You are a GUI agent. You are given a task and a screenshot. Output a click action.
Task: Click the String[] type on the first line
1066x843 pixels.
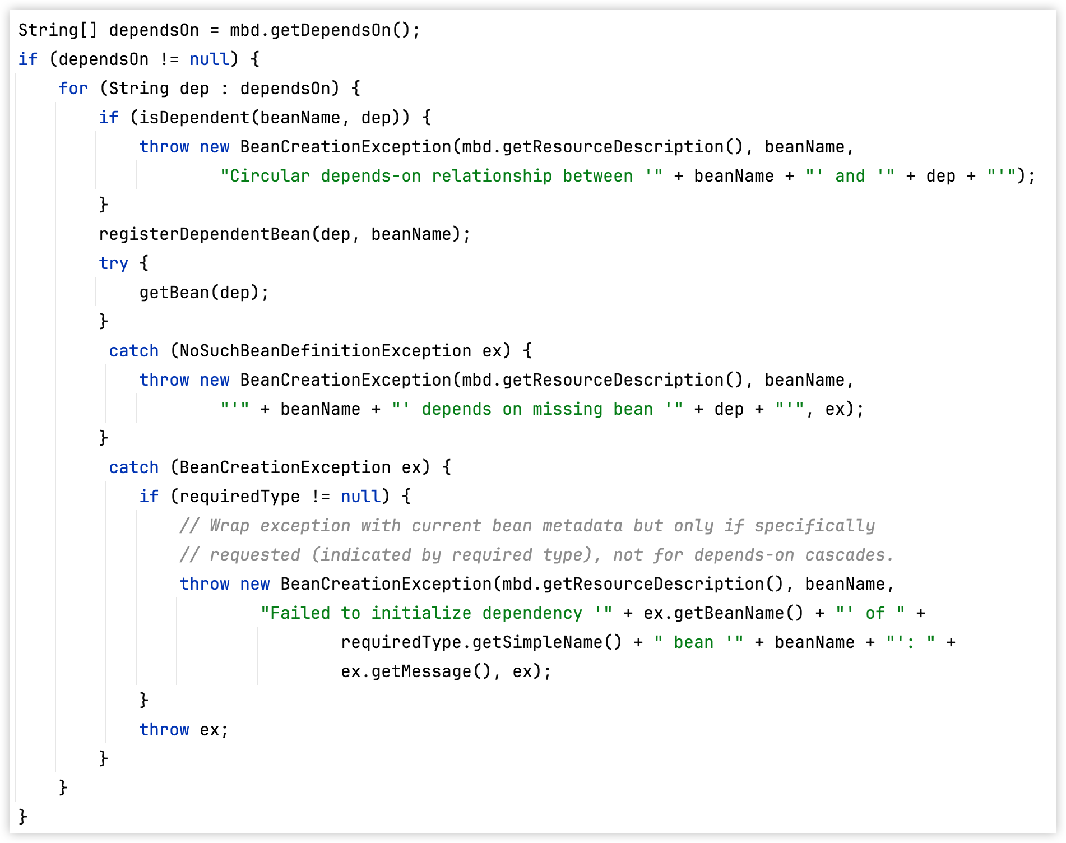pyautogui.click(x=57, y=30)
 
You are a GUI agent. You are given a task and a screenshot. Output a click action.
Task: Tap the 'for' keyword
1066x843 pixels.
pyautogui.click(x=73, y=89)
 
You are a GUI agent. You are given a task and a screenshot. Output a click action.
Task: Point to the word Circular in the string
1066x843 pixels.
pyautogui.click(x=270, y=176)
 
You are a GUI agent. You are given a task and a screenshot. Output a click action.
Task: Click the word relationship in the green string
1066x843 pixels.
pyautogui.click(x=492, y=176)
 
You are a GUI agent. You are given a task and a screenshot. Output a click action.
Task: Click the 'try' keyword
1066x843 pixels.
pyautogui.click(x=113, y=263)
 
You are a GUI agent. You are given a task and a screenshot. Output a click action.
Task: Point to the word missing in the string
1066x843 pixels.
pyautogui.click(x=567, y=409)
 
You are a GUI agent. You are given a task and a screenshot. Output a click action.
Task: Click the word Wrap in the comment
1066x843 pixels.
pyautogui.click(x=229, y=526)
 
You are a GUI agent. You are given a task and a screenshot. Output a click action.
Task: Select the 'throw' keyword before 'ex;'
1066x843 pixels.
pyautogui.click(x=164, y=730)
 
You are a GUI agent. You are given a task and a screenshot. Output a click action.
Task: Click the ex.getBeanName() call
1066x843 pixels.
pyautogui.click(x=723, y=613)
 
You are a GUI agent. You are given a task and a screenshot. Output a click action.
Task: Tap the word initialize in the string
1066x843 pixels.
pyautogui.click(x=421, y=613)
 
